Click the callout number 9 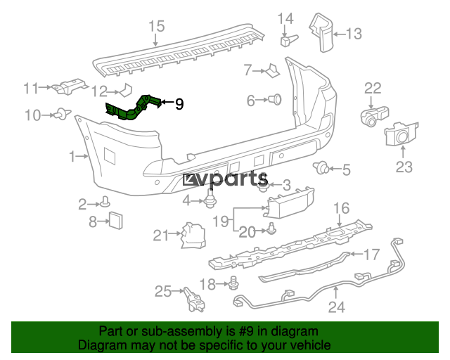point(179,105)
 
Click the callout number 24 point(337,307)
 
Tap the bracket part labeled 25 point(194,299)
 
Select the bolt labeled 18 point(233,283)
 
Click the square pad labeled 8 point(115,220)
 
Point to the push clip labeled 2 point(105,203)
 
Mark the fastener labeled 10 point(63,112)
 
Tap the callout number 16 point(340,207)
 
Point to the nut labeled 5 point(323,167)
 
